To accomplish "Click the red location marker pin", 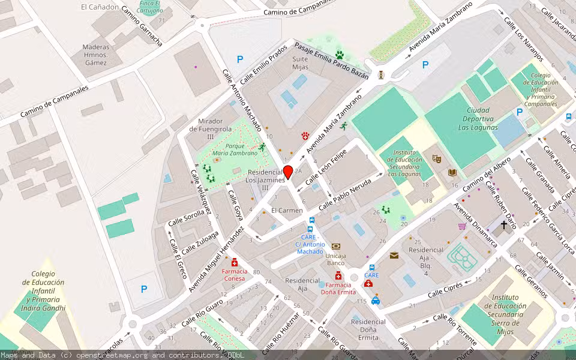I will tap(288, 172).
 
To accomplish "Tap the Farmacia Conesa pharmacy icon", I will tap(235, 263).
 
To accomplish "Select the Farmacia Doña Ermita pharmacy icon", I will tap(338, 275).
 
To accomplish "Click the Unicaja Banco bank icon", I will tap(335, 246).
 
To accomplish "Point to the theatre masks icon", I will tap(436, 159).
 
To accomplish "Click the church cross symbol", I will tap(503, 224).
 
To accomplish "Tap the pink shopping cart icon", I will tap(461, 226).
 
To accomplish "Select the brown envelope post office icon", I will tap(394, 255).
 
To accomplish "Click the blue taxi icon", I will tap(375, 301).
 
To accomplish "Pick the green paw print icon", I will tap(340, 55).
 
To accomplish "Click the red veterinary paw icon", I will tap(305, 136).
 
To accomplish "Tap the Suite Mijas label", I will tap(300, 64).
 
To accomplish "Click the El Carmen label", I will tap(287, 211).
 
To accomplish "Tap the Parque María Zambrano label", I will tap(230, 149).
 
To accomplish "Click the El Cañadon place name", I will tap(96, 7).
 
